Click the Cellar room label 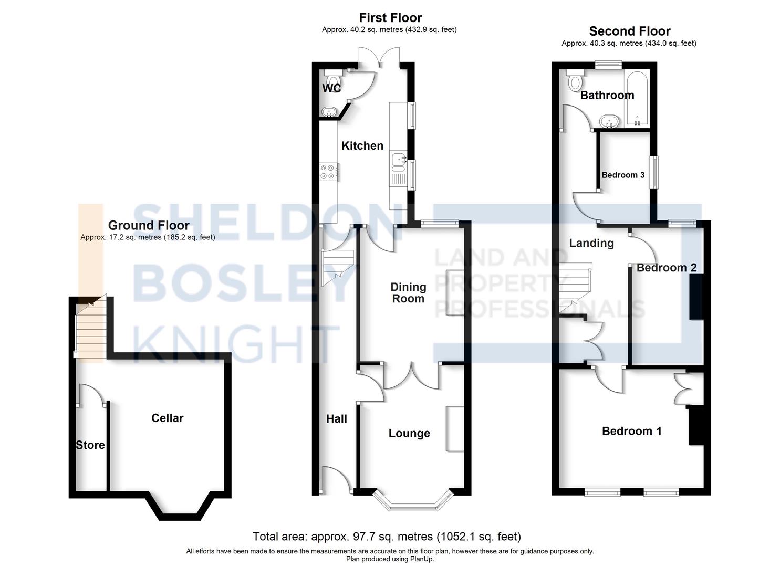tap(167, 418)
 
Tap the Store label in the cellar tap(90, 445)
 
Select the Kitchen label tap(362, 145)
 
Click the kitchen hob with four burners tap(328, 172)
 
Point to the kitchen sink tap(398, 160)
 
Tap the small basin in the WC tap(329, 112)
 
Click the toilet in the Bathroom tap(576, 80)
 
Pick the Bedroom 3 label tap(623, 175)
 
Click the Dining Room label tap(408, 292)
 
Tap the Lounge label tap(409, 433)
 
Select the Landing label tap(591, 243)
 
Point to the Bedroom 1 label tap(631, 431)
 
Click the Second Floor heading tap(629, 31)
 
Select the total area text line tap(387, 537)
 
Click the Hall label tap(337, 419)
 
